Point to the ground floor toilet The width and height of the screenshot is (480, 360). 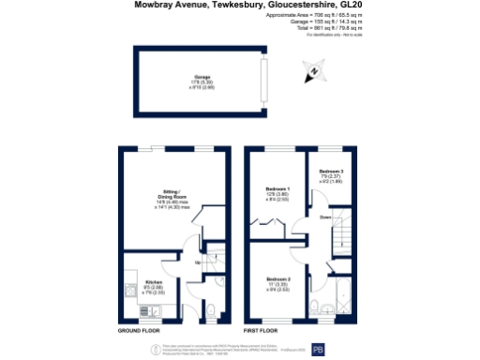tap(212, 310)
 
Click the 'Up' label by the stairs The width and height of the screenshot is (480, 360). tap(196, 262)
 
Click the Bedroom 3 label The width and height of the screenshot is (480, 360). tap(331, 171)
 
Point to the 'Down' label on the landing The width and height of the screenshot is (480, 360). tap(326, 217)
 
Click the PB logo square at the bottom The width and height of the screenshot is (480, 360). tap(316, 348)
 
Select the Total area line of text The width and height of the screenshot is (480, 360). tap(328, 28)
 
